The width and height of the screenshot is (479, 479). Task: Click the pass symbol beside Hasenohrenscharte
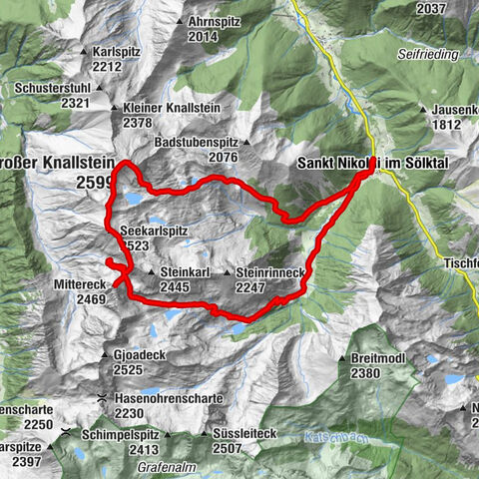(x=102, y=398)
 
